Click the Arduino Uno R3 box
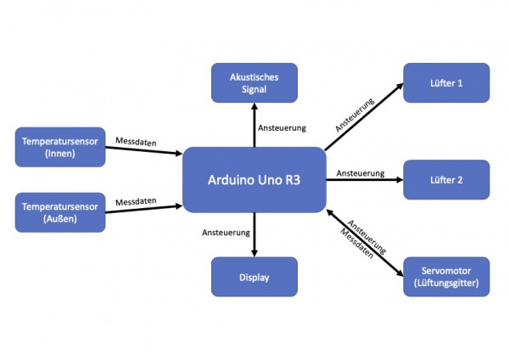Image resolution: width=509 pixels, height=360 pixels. [255, 180]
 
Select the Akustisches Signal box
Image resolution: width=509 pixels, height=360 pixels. [255, 83]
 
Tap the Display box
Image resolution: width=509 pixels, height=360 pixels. [255, 277]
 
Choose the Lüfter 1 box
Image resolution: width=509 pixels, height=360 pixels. [446, 83]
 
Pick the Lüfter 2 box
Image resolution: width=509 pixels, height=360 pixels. [446, 180]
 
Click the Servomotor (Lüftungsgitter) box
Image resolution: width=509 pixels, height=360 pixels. [446, 277]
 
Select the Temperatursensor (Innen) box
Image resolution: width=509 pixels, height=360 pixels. [59, 147]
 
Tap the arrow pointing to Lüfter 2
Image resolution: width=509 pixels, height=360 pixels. [365, 180]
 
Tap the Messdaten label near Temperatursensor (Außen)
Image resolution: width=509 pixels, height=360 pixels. [136, 200]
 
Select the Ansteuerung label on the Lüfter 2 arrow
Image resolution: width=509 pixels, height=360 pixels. [361, 172]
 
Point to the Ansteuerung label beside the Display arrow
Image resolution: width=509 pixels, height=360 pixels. [226, 232]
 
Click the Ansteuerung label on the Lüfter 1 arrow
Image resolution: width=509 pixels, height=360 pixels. [355, 112]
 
